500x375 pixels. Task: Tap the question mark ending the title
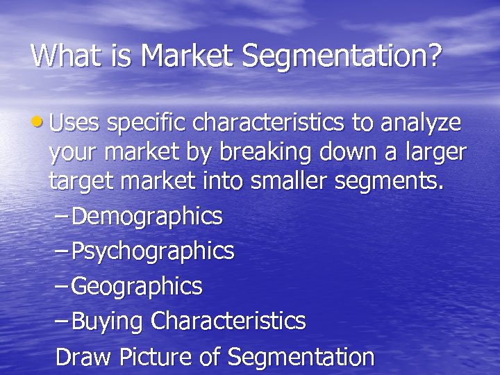click(434, 55)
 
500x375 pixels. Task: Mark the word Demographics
click(147, 217)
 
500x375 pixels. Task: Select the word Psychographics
click(153, 251)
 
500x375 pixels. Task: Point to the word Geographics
click(137, 286)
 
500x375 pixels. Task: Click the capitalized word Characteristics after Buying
click(228, 321)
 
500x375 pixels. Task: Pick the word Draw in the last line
click(83, 357)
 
